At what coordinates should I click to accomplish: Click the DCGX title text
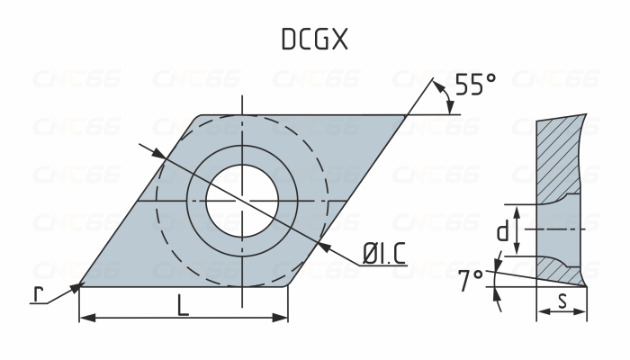(x=314, y=39)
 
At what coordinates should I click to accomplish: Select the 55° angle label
(x=474, y=85)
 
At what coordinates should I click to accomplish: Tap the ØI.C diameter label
(x=383, y=254)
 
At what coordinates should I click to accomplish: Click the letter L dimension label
(x=184, y=305)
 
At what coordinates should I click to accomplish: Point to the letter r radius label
(x=37, y=294)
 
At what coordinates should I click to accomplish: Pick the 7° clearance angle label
(x=470, y=281)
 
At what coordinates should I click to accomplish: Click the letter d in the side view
(x=503, y=233)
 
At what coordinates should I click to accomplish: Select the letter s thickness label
(x=562, y=301)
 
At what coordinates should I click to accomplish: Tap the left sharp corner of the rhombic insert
(x=81, y=283)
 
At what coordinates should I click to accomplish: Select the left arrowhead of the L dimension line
(x=85, y=318)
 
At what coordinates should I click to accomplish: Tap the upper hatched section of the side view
(x=562, y=157)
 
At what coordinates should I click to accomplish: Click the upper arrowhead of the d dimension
(x=517, y=210)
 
